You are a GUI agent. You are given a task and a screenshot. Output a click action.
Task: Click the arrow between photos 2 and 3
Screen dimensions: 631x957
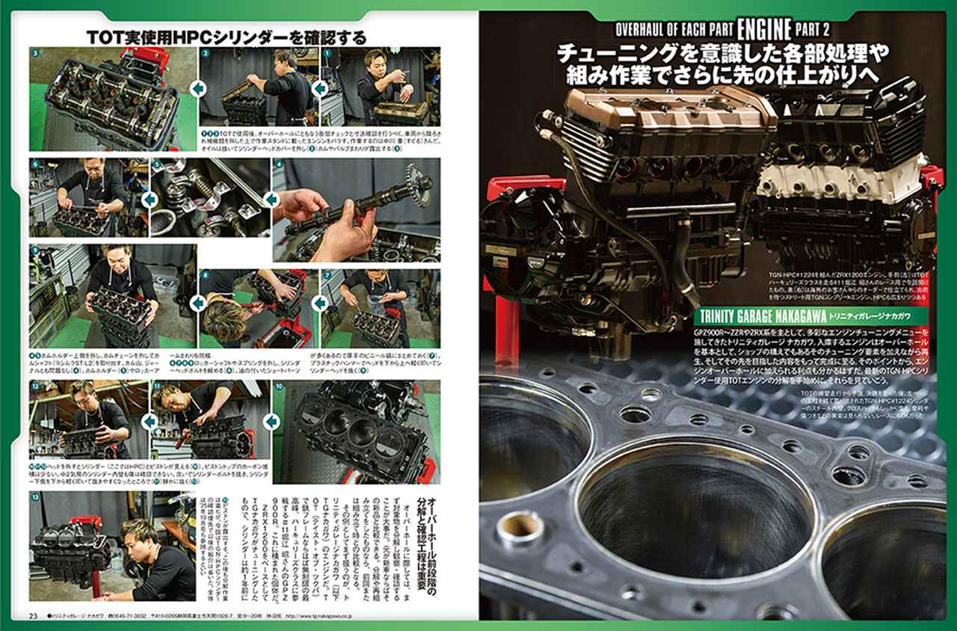(198, 90)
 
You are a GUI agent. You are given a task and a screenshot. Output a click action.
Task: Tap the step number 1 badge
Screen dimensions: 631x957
(327, 55)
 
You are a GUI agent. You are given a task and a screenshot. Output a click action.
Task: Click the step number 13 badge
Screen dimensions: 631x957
(37, 497)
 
